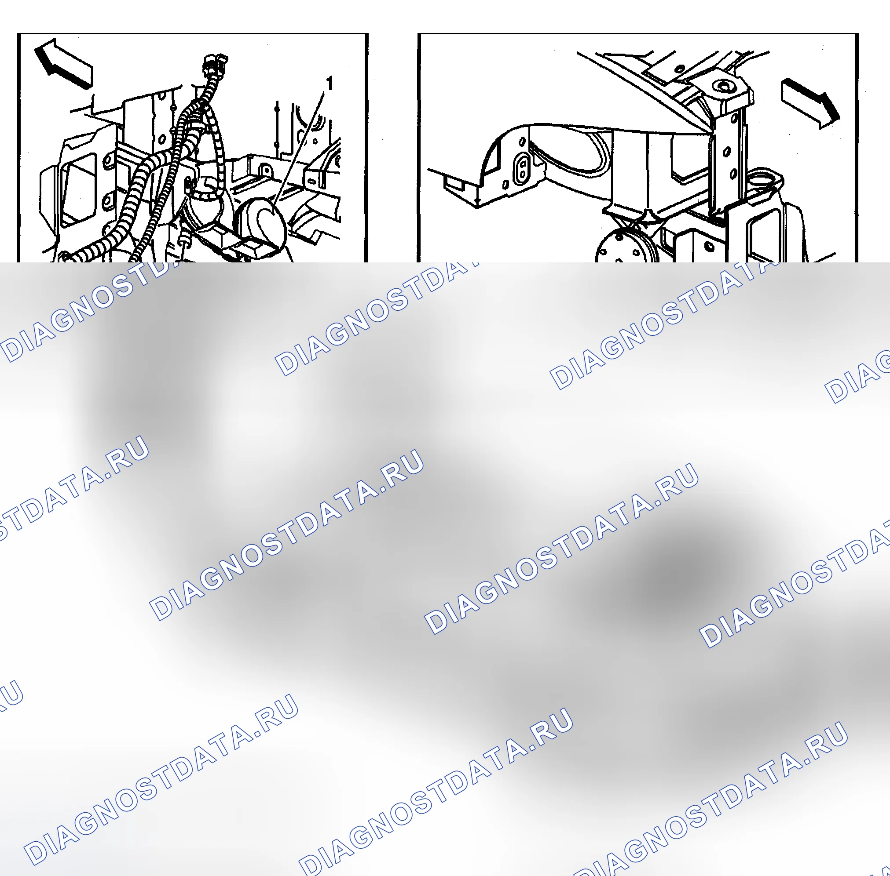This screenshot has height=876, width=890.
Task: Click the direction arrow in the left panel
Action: (x=63, y=63)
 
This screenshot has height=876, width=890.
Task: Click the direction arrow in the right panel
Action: (x=810, y=103)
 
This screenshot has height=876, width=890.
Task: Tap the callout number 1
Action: (x=329, y=83)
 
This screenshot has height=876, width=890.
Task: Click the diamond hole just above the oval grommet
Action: (x=523, y=141)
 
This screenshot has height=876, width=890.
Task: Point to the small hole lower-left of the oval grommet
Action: (x=505, y=185)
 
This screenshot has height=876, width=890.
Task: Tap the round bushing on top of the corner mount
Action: (x=722, y=86)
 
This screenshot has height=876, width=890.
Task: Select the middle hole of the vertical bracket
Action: (x=728, y=151)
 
